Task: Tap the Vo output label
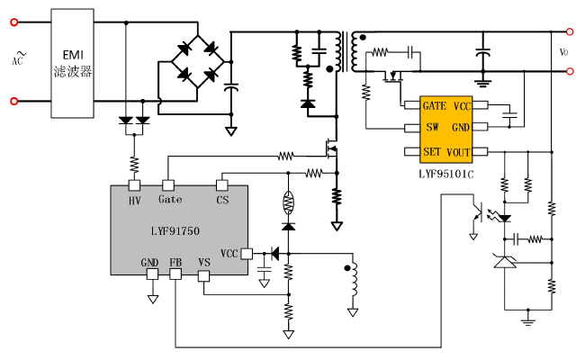pos(563,52)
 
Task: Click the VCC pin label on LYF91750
pos(229,254)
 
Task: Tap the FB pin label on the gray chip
pos(175,263)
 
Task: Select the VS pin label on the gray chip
pos(204,263)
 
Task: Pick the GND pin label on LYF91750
pos(149,263)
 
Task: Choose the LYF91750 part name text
pos(175,231)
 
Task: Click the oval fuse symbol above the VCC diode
pos(288,201)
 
